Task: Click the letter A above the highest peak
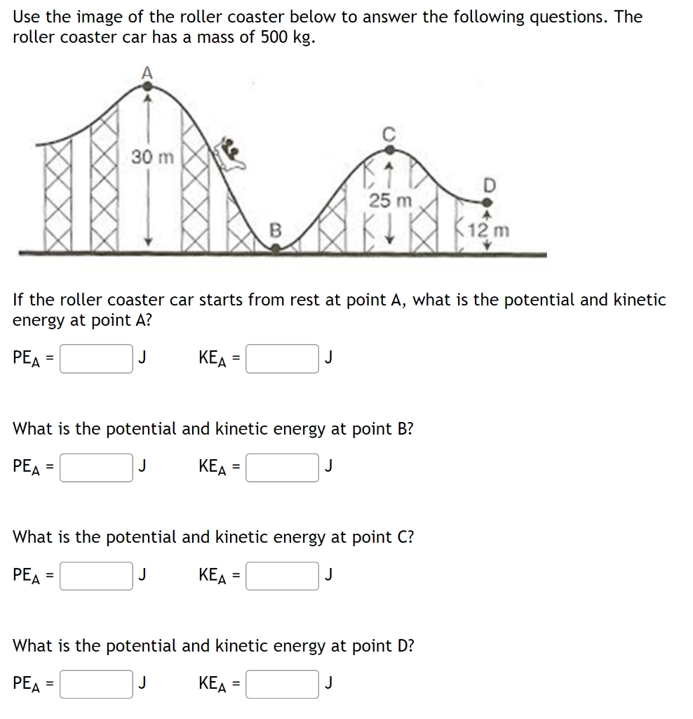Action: click(147, 71)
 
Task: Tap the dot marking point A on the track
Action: click(147, 86)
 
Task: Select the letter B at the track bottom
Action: click(276, 229)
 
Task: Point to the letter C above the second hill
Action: click(389, 133)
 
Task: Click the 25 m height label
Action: click(391, 201)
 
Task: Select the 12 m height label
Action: click(490, 230)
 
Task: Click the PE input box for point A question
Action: click(96, 359)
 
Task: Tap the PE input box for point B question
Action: click(96, 467)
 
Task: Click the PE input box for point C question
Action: click(96, 576)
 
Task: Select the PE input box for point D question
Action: click(96, 684)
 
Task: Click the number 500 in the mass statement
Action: click(274, 37)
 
